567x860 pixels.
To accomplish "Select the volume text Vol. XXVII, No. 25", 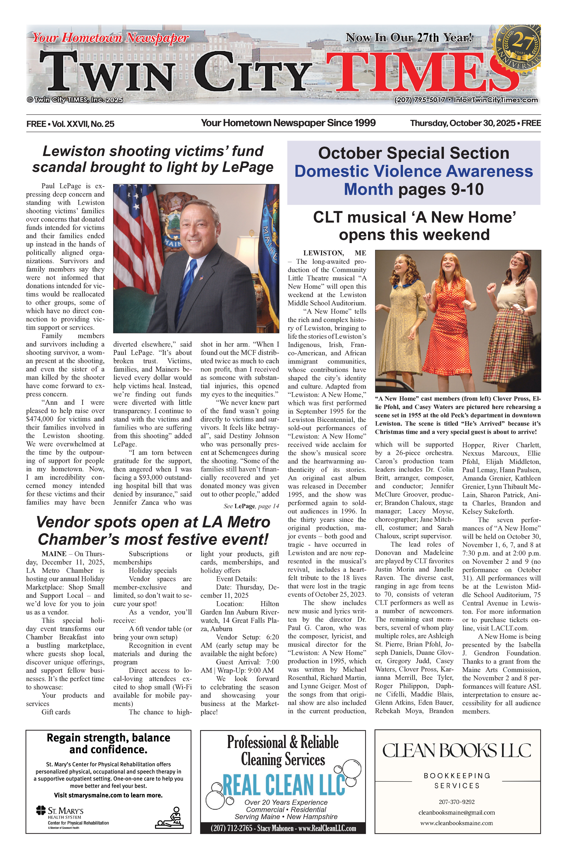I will click(83, 124).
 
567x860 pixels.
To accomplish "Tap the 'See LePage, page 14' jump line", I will click(251, 506).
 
